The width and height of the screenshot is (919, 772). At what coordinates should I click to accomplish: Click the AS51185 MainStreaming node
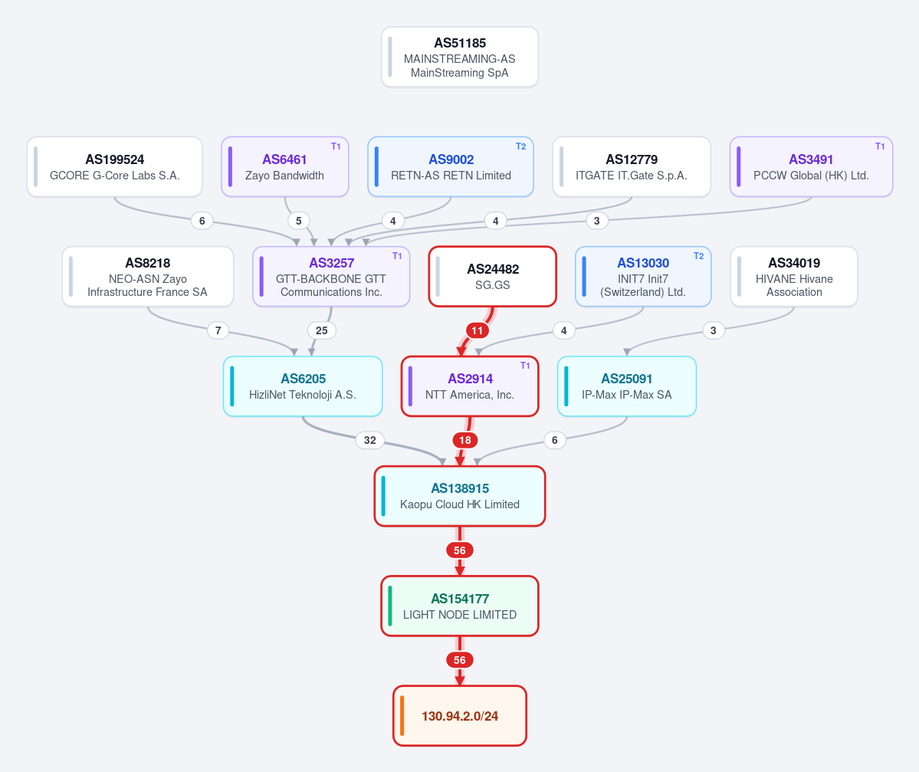pyautogui.click(x=460, y=57)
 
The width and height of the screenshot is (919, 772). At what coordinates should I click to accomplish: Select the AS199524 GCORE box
pyautogui.click(x=114, y=166)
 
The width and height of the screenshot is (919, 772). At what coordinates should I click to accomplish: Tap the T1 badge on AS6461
pyautogui.click(x=336, y=146)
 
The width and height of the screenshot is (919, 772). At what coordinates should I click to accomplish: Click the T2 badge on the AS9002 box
pyautogui.click(x=520, y=146)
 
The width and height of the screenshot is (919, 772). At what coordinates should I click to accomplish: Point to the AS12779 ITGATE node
pyautogui.click(x=632, y=166)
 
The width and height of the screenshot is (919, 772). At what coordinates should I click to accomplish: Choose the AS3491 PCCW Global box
pyautogui.click(x=811, y=166)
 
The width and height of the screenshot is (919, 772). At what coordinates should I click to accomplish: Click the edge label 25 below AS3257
pyautogui.click(x=322, y=330)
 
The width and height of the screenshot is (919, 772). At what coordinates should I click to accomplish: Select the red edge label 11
pyautogui.click(x=478, y=330)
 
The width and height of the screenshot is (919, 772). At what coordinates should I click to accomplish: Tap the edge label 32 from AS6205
pyautogui.click(x=370, y=440)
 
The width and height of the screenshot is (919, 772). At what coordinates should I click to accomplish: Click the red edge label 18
pyautogui.click(x=464, y=440)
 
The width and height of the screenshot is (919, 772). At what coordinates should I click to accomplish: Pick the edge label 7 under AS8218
pyautogui.click(x=218, y=330)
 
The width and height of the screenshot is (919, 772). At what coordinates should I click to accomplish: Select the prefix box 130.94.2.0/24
pyautogui.click(x=460, y=716)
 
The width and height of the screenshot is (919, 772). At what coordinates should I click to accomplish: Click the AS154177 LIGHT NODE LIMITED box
pyautogui.click(x=460, y=606)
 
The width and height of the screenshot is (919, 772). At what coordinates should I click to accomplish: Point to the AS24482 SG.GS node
pyautogui.click(x=492, y=276)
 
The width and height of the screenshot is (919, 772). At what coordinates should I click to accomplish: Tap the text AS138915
pyautogui.click(x=460, y=488)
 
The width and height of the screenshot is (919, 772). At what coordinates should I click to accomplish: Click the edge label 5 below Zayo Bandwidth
pyautogui.click(x=298, y=221)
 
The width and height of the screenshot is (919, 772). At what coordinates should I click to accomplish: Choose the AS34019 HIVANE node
pyautogui.click(x=794, y=276)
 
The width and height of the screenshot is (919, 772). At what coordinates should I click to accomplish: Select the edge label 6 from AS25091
pyautogui.click(x=554, y=440)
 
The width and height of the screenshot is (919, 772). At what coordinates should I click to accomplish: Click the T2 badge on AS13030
pyautogui.click(x=698, y=256)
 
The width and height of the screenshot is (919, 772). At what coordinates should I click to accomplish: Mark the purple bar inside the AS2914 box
pyautogui.click(x=410, y=386)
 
